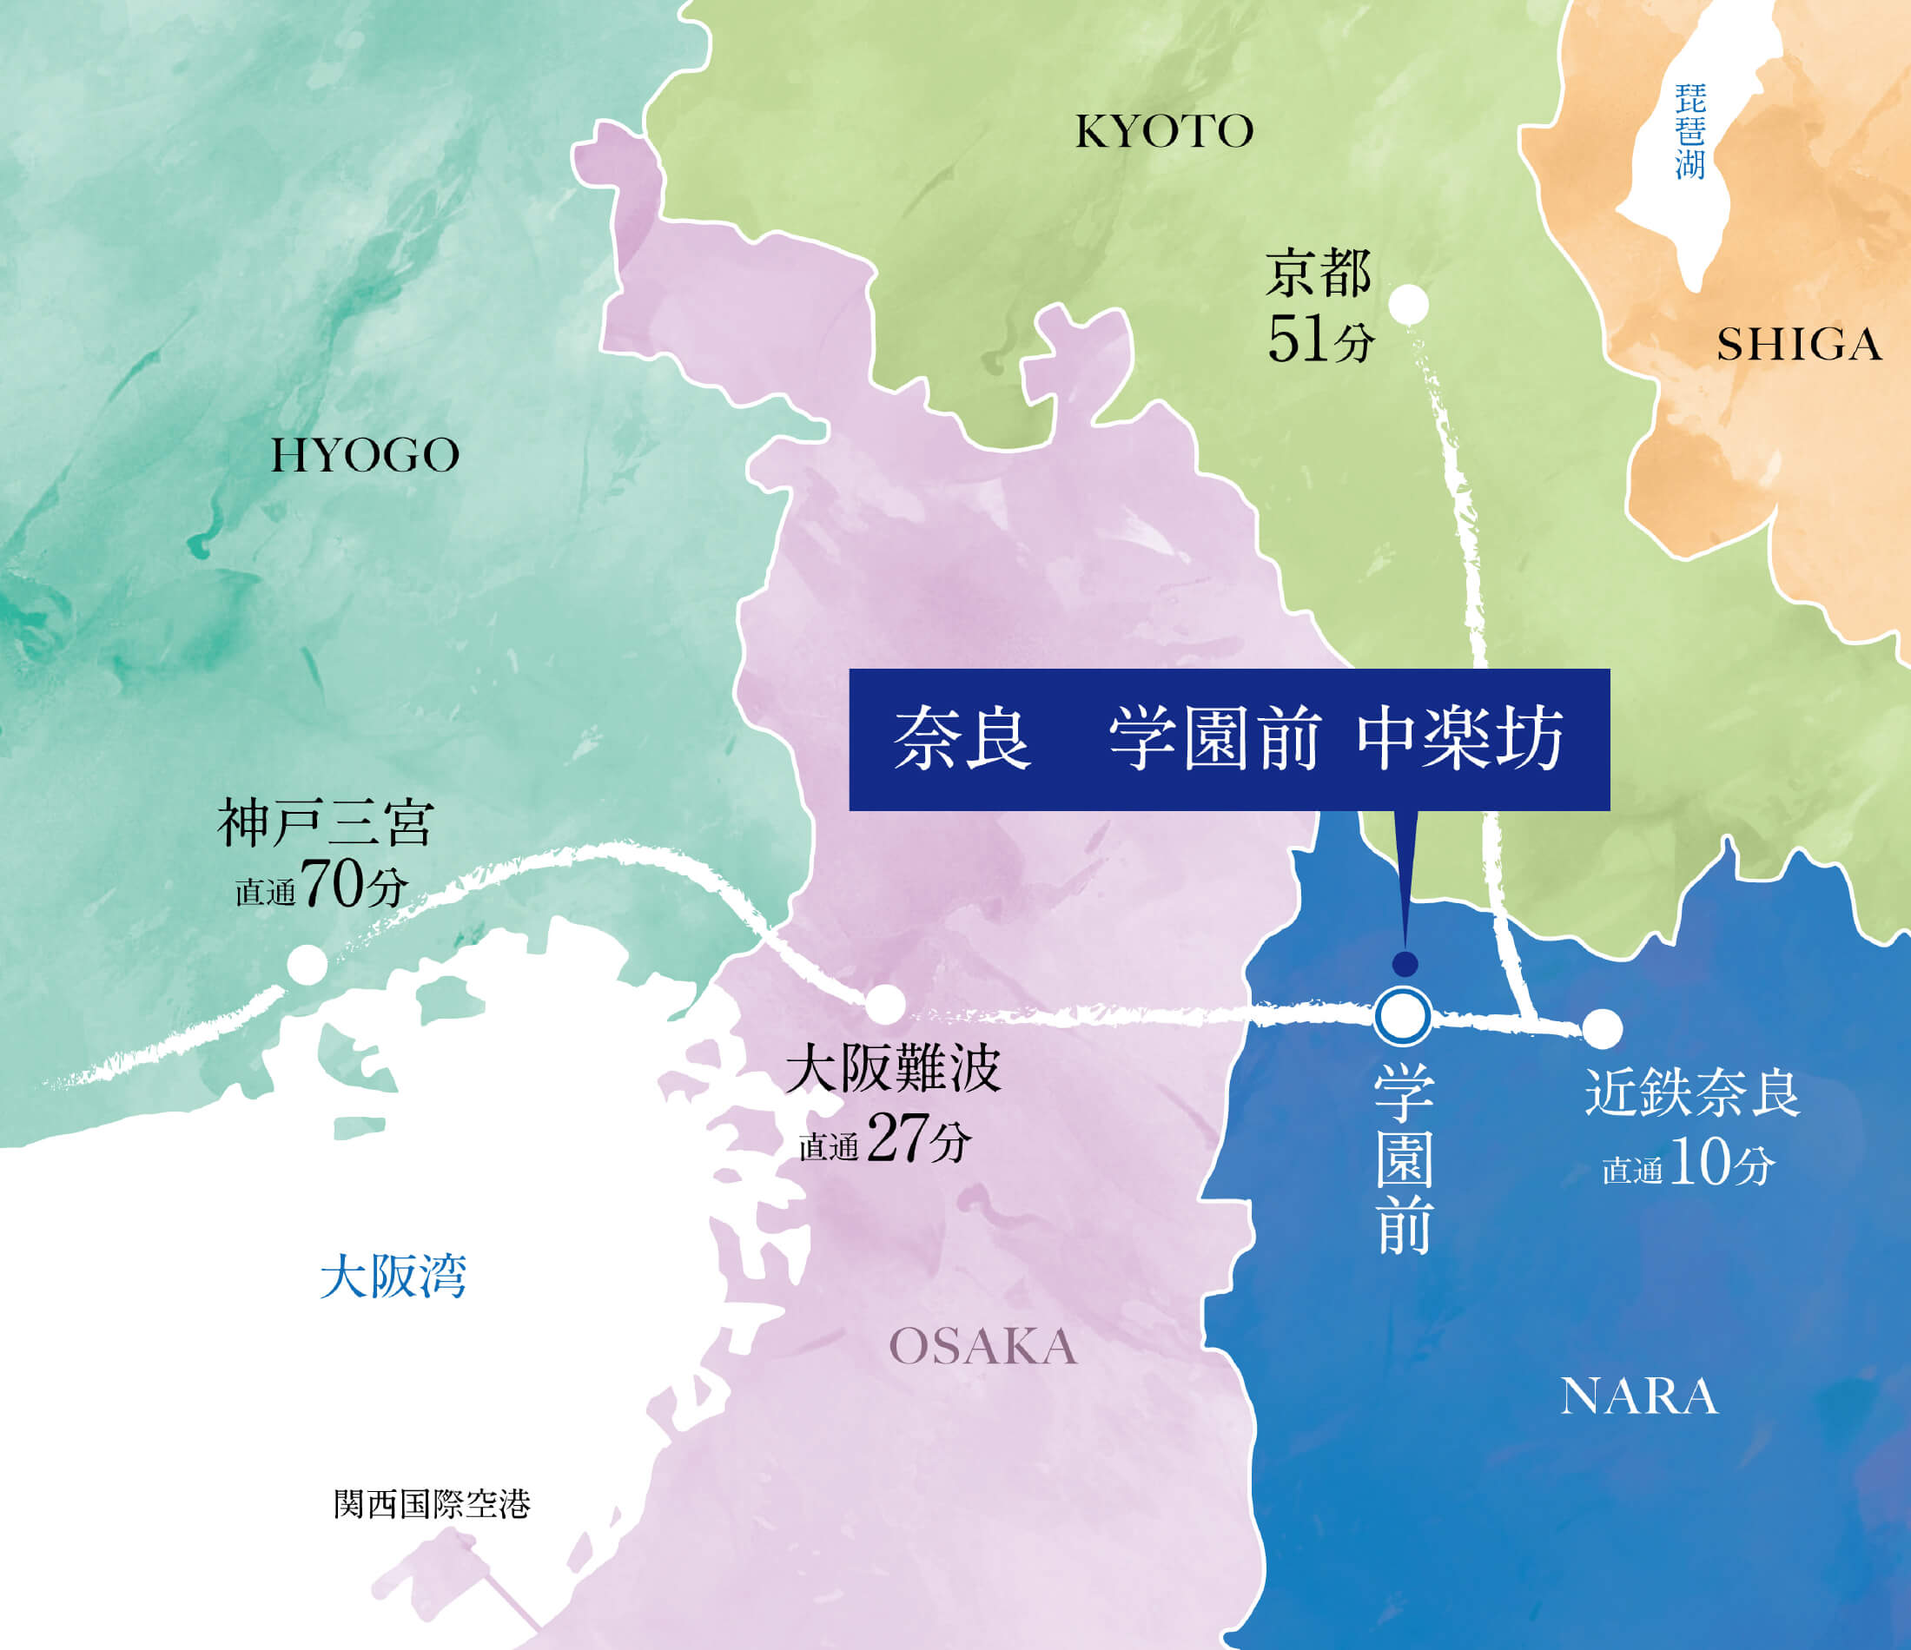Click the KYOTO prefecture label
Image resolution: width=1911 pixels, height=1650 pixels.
tap(1164, 132)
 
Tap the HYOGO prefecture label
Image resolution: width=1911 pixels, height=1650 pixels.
tap(365, 456)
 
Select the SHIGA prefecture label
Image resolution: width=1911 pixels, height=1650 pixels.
tap(1798, 346)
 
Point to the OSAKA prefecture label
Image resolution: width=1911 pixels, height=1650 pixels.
tap(983, 1348)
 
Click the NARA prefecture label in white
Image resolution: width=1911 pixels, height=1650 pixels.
tap(1639, 1397)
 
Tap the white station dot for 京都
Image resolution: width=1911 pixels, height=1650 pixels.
tap(1408, 304)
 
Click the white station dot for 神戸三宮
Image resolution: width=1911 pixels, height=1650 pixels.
tap(307, 966)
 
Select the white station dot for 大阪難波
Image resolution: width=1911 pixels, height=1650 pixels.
tap(884, 1004)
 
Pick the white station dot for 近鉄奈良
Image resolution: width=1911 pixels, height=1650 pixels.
tap(1602, 1028)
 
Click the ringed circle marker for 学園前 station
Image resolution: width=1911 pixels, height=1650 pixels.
tap(1402, 1016)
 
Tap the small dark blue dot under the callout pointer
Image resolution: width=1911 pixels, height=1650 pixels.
tap(1405, 965)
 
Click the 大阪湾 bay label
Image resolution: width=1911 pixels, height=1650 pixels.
tap(393, 1277)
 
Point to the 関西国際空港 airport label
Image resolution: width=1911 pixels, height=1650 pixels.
tap(432, 1505)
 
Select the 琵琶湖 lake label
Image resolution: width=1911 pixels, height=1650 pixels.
tap(1690, 131)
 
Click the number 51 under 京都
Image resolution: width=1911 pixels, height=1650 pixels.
tap(1299, 340)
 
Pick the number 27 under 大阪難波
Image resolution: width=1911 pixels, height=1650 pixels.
tap(895, 1140)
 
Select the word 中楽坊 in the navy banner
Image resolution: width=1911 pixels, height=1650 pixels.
tap(1460, 740)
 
